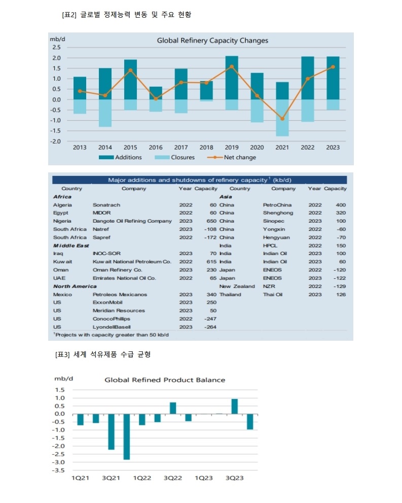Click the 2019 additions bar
(232, 78)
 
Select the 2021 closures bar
(282, 118)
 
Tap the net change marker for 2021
(282, 119)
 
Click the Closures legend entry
(174, 158)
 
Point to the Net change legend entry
(232, 158)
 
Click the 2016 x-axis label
(156, 148)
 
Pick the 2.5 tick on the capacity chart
(56, 48)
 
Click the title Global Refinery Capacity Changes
(212, 41)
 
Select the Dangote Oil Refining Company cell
(132, 221)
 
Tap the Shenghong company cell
(278, 213)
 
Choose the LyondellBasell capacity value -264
(210, 327)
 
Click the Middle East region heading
(71, 246)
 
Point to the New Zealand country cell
(237, 286)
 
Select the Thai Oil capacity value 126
(341, 295)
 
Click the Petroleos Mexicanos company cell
(120, 295)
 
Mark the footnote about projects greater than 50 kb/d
(111, 335)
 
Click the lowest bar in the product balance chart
(127, 437)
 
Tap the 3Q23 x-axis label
(235, 478)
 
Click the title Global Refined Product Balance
(165, 380)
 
